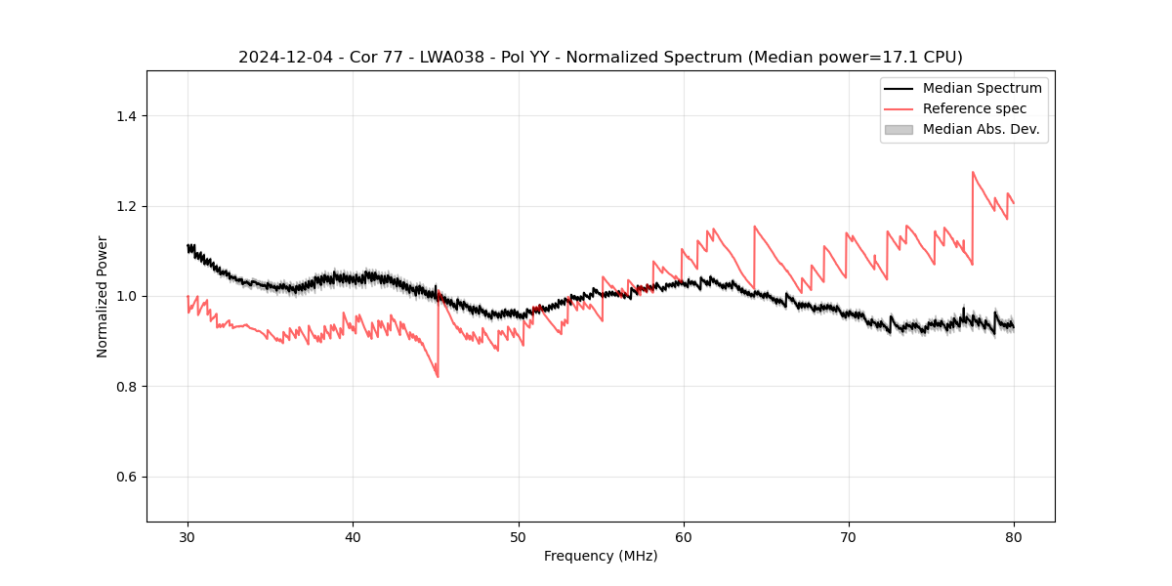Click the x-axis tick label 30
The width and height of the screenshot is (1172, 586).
click(188, 536)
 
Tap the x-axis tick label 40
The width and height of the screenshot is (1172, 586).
click(353, 536)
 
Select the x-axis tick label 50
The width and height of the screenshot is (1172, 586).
click(519, 536)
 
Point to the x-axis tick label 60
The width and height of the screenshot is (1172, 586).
click(684, 536)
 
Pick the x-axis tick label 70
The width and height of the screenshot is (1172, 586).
click(849, 536)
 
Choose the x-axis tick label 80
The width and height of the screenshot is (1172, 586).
click(1014, 536)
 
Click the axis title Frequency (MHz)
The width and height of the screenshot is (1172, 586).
click(601, 556)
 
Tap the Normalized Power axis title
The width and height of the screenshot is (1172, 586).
click(103, 296)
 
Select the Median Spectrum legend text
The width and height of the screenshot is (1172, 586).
click(982, 88)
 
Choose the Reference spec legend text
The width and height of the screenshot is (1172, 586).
click(974, 108)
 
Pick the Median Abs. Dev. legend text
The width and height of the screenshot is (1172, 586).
click(981, 129)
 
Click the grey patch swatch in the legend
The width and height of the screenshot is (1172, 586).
click(899, 129)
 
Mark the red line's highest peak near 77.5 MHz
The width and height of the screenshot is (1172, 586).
click(973, 173)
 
